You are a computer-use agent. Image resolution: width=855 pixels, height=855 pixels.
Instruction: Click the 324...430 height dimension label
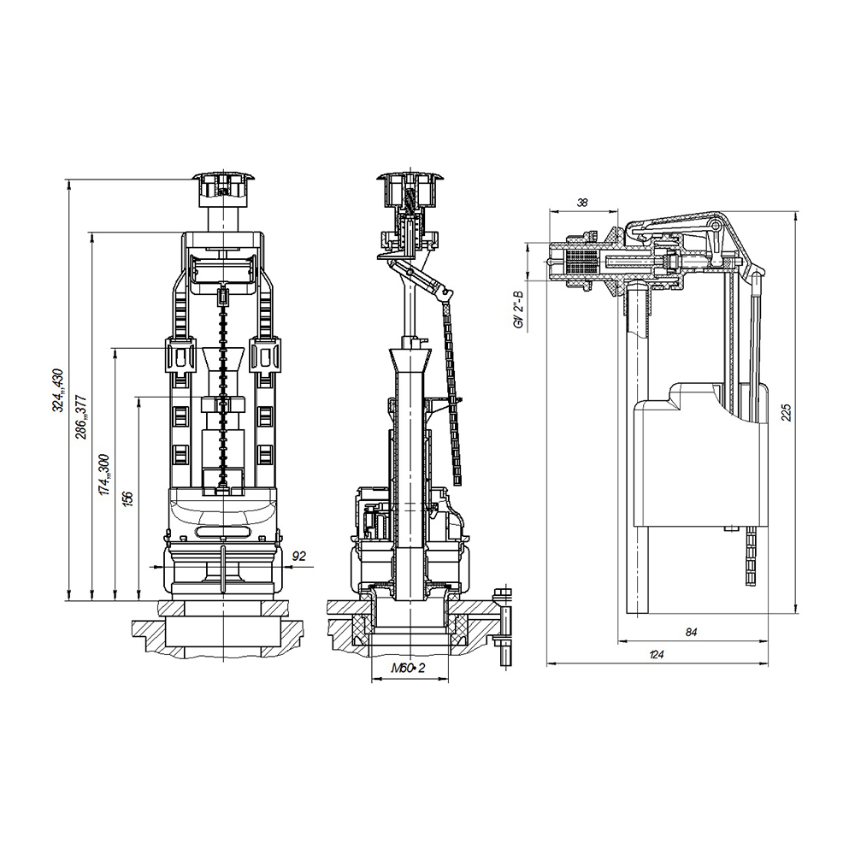pos(58,391)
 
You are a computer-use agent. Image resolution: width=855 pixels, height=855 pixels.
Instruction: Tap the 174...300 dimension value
pos(104,475)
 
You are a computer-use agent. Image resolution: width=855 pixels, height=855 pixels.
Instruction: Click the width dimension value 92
pos(298,556)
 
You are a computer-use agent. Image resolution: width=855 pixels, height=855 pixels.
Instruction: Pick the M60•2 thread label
pos(408,668)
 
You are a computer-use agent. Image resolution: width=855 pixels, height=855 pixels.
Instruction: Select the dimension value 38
pos(582,203)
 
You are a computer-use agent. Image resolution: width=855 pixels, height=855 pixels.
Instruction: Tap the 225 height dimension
pos(786,412)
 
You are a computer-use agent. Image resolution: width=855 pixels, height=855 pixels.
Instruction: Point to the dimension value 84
pos(691,633)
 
